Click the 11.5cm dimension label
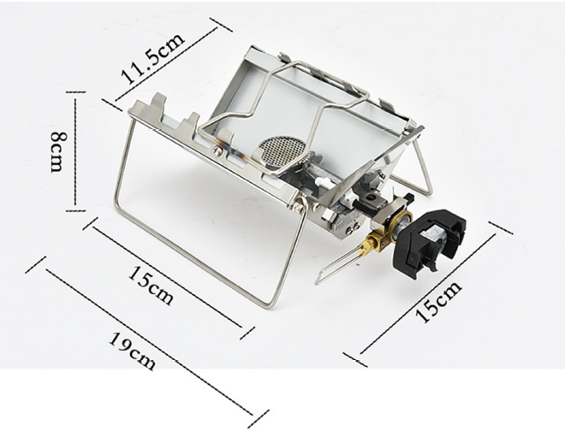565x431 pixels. coord(153,57)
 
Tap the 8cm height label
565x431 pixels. coord(58,151)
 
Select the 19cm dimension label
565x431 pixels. coord(133,351)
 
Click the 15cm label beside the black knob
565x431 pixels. coord(438,301)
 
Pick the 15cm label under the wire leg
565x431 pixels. coord(151,285)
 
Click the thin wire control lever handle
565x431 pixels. coord(336,264)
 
